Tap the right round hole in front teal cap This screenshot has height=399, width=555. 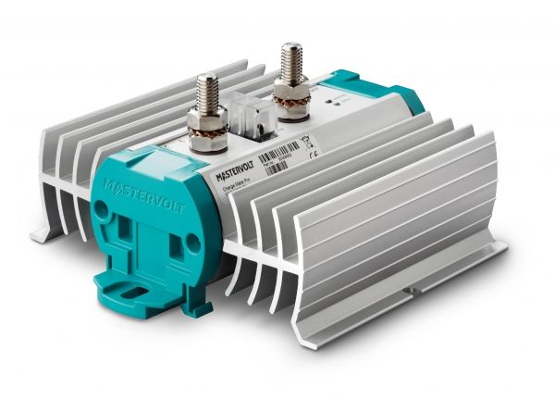click(x=194, y=243)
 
